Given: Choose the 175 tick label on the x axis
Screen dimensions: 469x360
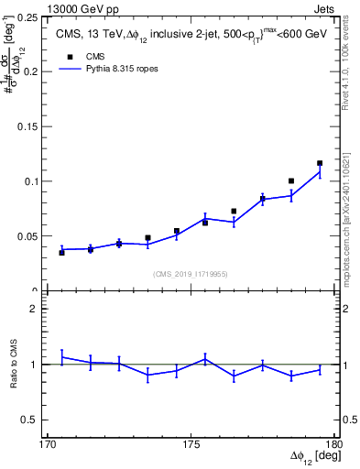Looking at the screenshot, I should (x=191, y=444).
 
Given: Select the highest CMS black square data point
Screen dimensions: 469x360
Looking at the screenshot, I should (x=320, y=163).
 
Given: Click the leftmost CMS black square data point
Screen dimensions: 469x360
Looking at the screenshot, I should (x=61, y=252).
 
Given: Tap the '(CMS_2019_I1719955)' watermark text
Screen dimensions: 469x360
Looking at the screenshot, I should (x=191, y=273).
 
